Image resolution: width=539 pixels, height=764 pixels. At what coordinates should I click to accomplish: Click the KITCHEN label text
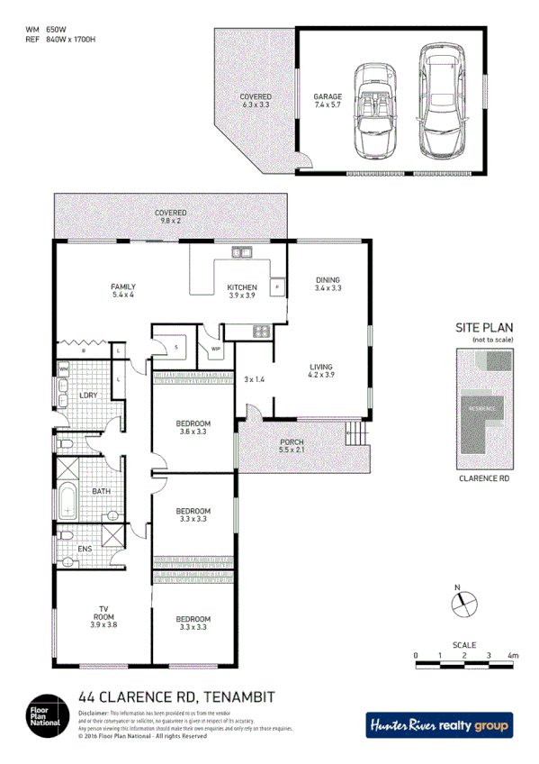243,288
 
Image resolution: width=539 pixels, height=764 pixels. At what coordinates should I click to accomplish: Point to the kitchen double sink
241,251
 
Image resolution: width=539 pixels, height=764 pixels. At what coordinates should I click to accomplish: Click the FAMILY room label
123,288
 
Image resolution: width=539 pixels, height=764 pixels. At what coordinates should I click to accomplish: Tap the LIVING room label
321,368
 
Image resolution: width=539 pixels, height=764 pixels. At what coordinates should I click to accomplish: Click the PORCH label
292,443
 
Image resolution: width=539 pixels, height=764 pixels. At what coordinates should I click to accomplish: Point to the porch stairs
357,436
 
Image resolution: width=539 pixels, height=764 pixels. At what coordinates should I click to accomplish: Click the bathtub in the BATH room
69,500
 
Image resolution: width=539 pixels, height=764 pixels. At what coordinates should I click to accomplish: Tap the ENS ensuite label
86,547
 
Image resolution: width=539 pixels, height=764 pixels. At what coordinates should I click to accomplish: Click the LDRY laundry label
88,396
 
